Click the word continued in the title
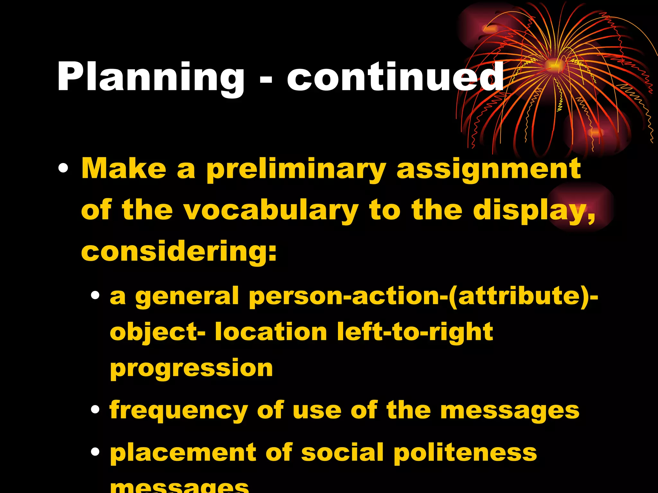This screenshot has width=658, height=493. tap(395, 77)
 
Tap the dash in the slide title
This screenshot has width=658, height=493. tap(266, 80)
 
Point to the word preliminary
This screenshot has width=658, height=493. tap(296, 170)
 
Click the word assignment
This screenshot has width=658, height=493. tap(489, 170)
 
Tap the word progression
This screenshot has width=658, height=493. tap(191, 368)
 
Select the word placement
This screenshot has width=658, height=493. tap(183, 453)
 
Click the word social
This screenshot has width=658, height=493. tap(342, 453)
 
